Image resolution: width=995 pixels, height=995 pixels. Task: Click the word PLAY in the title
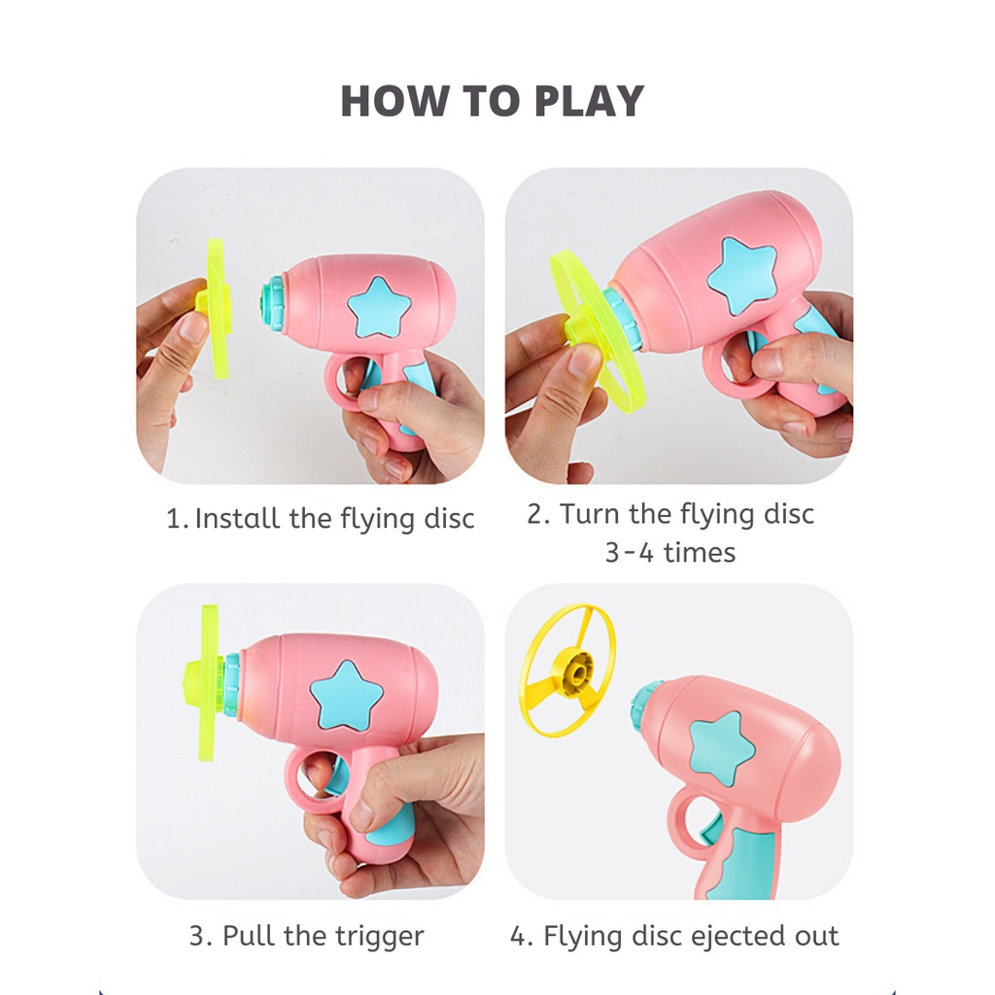(x=589, y=101)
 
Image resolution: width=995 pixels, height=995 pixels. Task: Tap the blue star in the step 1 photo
(x=380, y=308)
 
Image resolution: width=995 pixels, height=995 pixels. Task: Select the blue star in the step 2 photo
(x=742, y=277)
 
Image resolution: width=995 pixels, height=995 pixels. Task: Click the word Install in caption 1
(x=237, y=519)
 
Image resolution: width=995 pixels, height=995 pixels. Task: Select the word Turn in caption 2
(x=590, y=513)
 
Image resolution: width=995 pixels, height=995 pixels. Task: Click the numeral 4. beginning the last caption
(x=522, y=936)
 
